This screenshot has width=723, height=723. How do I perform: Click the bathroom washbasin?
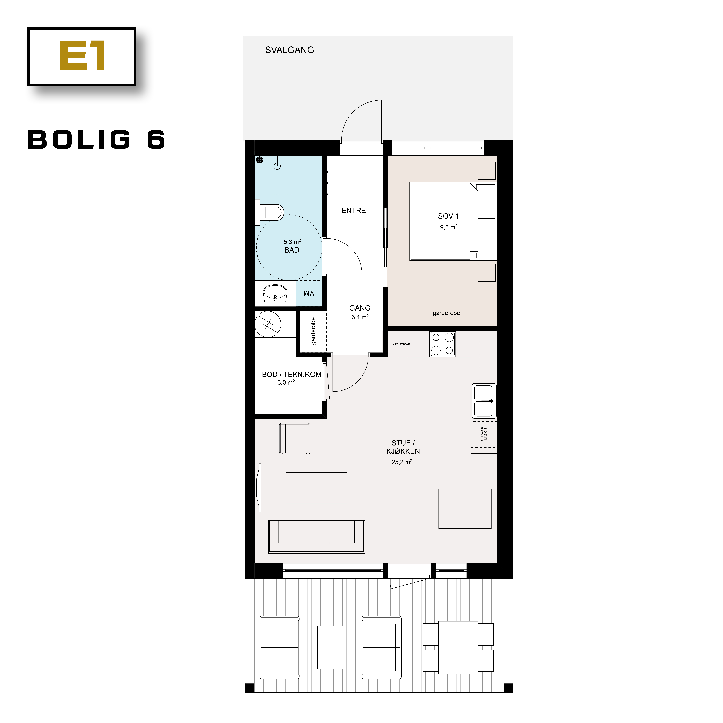(x=275, y=293)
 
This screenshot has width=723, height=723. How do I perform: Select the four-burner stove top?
(x=442, y=344)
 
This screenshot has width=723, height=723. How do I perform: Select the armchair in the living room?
(x=295, y=439)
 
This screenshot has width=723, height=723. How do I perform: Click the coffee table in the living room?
(x=316, y=488)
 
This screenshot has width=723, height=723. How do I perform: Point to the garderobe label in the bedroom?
(x=446, y=313)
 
